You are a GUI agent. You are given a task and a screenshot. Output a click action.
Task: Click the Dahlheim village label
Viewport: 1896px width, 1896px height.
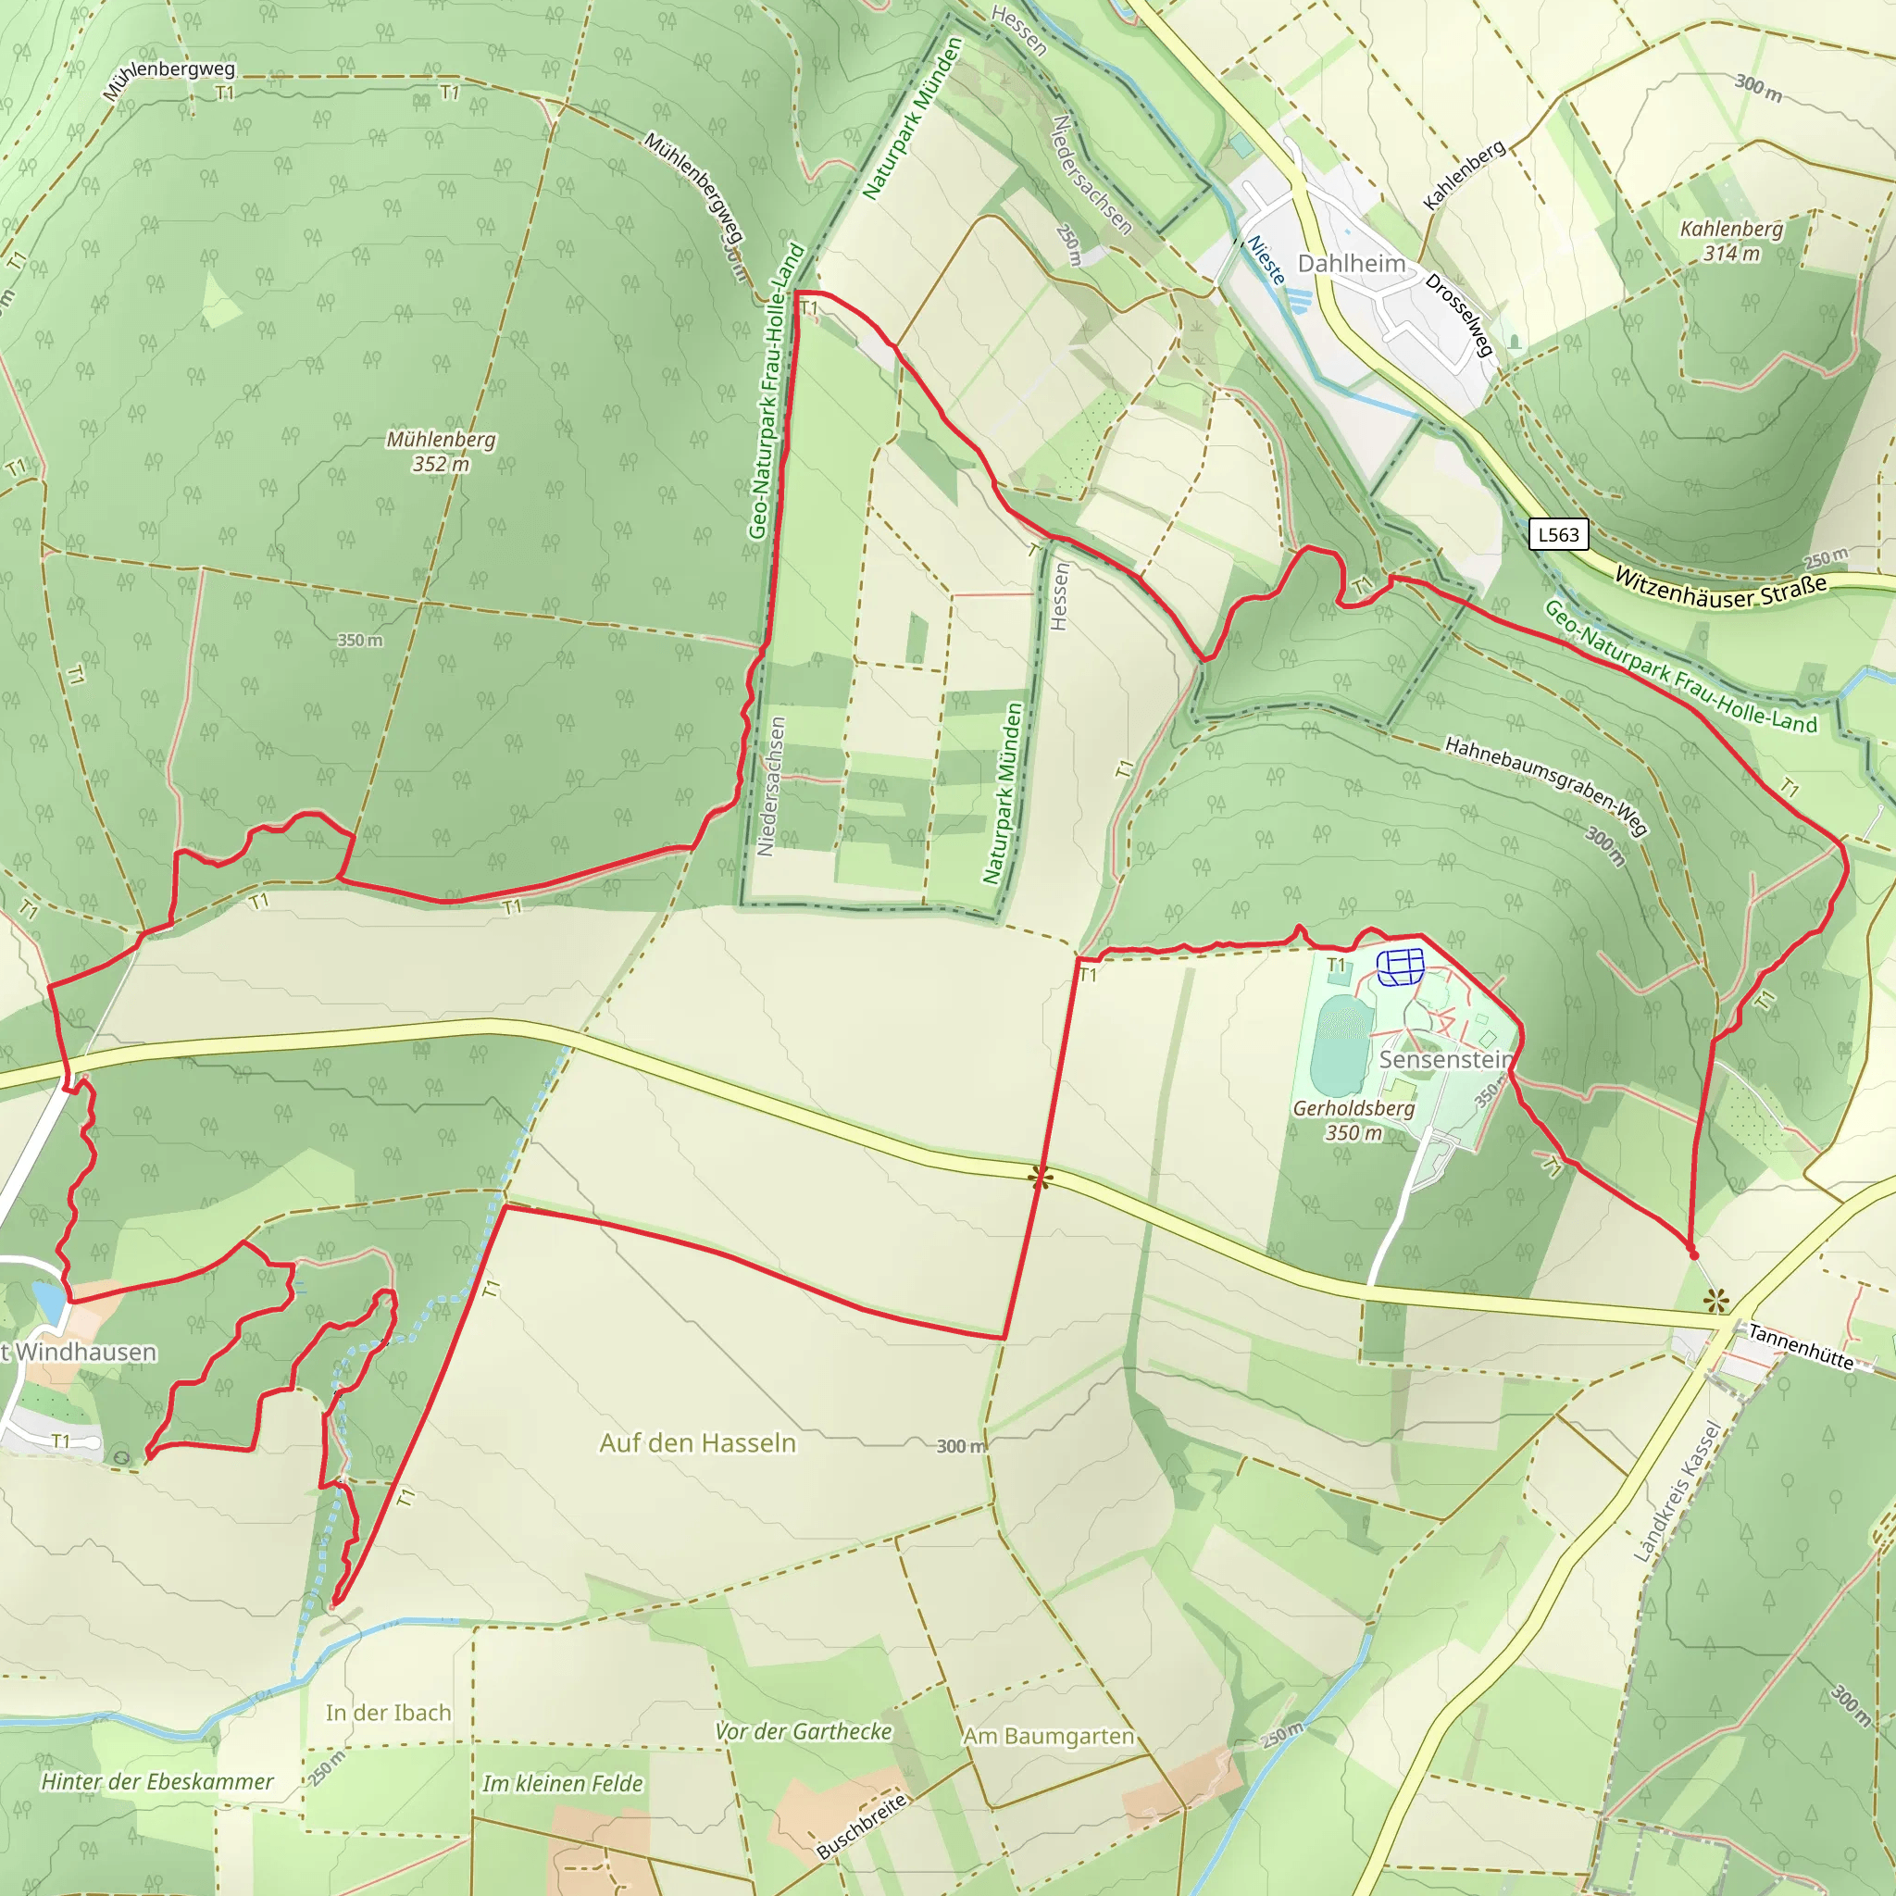[x=1352, y=263]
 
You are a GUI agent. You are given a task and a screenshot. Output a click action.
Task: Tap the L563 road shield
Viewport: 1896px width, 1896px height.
[x=1558, y=535]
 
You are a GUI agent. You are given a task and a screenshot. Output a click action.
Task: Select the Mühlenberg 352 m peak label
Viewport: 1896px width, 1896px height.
[x=441, y=452]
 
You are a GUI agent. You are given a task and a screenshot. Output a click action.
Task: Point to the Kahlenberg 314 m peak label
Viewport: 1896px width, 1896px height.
[x=1731, y=241]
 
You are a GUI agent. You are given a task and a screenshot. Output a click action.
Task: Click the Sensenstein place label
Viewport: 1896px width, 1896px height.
[x=1444, y=1060]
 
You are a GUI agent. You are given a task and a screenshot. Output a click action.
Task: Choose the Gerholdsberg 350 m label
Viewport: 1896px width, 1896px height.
[x=1353, y=1120]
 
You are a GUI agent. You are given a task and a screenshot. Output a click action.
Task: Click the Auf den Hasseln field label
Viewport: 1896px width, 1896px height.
[x=698, y=1442]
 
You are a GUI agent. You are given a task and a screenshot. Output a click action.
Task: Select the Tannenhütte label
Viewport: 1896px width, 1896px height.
[x=1801, y=1346]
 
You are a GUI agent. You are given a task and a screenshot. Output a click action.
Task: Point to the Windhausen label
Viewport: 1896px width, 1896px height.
[x=84, y=1353]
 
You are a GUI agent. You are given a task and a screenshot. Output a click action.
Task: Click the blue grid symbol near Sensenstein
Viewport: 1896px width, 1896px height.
[x=1401, y=967]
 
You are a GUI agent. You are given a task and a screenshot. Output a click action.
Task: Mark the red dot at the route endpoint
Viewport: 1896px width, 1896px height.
[x=1693, y=1255]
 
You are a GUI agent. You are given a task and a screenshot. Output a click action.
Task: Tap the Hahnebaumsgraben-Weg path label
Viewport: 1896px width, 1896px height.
[x=1546, y=785]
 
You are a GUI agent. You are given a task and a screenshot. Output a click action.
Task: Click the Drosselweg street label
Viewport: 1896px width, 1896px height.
[x=1459, y=314]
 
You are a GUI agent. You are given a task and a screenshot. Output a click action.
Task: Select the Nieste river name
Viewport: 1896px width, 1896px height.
[x=1266, y=260]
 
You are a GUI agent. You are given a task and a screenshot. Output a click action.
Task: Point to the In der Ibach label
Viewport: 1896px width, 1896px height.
[x=389, y=1713]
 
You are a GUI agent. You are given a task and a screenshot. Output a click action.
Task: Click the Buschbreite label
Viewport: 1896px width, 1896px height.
[x=863, y=1827]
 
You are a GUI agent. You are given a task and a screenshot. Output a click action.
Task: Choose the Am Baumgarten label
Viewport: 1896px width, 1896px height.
[x=1048, y=1737]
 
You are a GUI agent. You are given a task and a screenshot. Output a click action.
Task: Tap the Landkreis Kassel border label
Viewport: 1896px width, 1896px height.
[x=1678, y=1491]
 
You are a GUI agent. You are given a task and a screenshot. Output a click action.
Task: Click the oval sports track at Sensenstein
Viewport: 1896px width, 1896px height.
[x=1341, y=1045]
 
